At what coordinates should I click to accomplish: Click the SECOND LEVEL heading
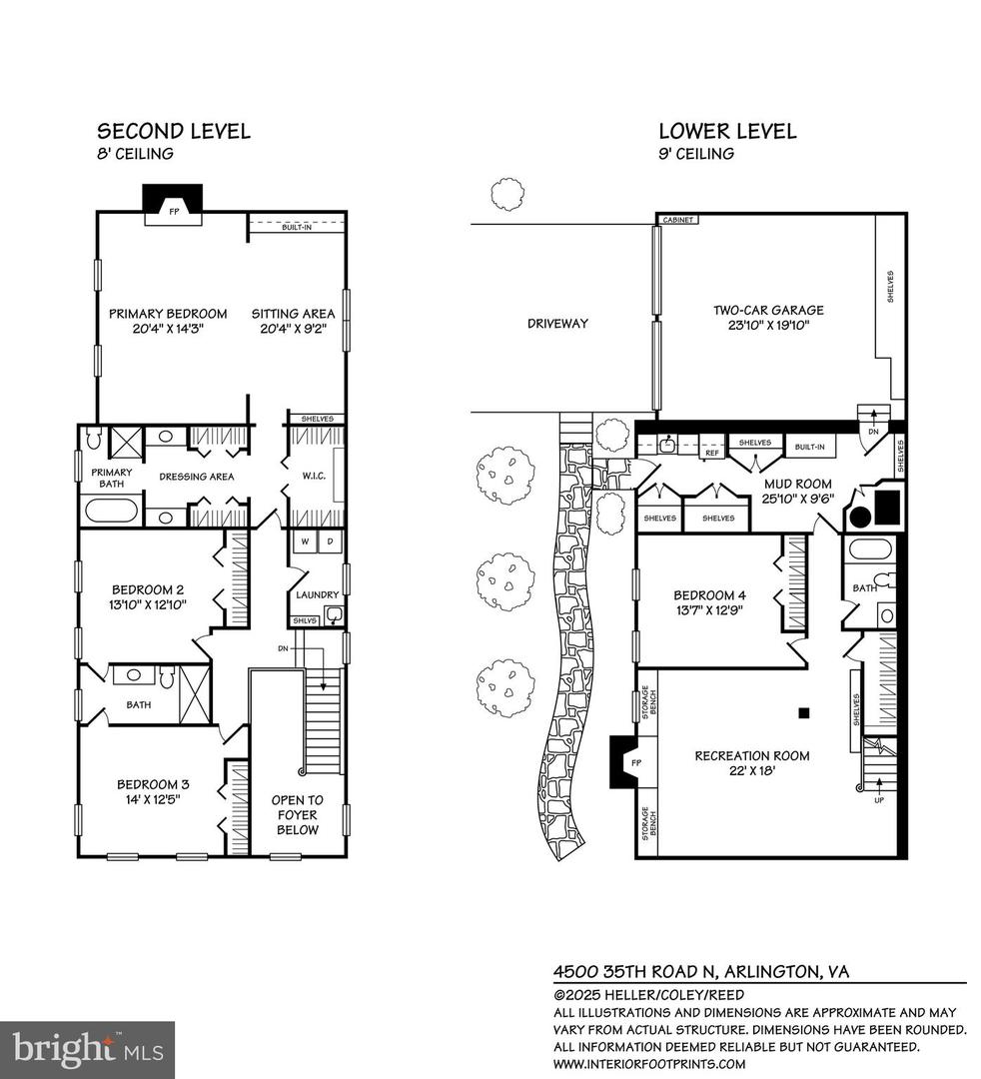click(x=173, y=131)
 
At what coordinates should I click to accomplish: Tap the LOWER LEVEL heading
click(x=726, y=131)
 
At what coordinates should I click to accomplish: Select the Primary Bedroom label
click(x=168, y=322)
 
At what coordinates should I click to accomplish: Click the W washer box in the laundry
click(x=304, y=541)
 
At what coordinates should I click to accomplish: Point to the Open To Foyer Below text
click(x=298, y=814)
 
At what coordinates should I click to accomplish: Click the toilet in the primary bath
click(x=94, y=438)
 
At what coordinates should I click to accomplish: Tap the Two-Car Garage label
click(x=760, y=317)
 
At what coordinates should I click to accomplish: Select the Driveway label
click(x=557, y=323)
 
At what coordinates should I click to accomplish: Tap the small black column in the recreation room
click(x=802, y=713)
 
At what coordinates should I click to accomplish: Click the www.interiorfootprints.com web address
click(x=650, y=1063)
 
